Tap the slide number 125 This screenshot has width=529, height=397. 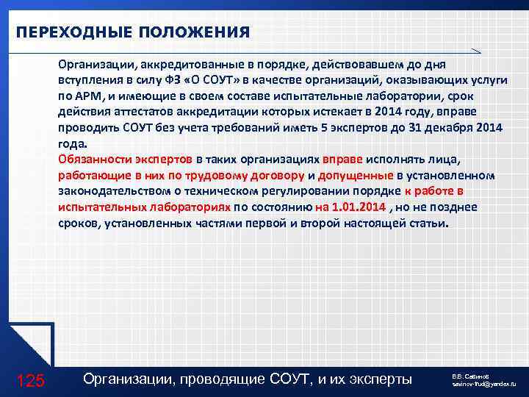click(30, 380)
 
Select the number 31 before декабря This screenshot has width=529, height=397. click(431, 128)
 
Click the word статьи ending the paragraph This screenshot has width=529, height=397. click(426, 223)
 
